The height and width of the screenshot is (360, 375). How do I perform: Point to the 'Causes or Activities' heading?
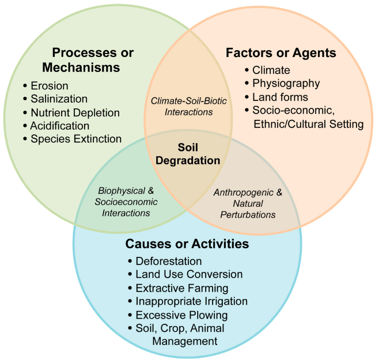(187, 244)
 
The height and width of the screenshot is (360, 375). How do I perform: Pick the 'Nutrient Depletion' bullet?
(74, 112)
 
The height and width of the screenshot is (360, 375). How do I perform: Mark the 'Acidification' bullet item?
(59, 126)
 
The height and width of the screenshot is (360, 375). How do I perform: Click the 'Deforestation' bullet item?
(168, 262)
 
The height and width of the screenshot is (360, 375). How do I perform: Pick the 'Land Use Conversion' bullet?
(189, 275)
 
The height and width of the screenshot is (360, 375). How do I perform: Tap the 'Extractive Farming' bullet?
(182, 288)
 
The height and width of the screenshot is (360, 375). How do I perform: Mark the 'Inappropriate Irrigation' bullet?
(191, 301)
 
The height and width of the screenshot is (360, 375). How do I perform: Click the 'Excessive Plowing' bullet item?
(181, 315)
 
